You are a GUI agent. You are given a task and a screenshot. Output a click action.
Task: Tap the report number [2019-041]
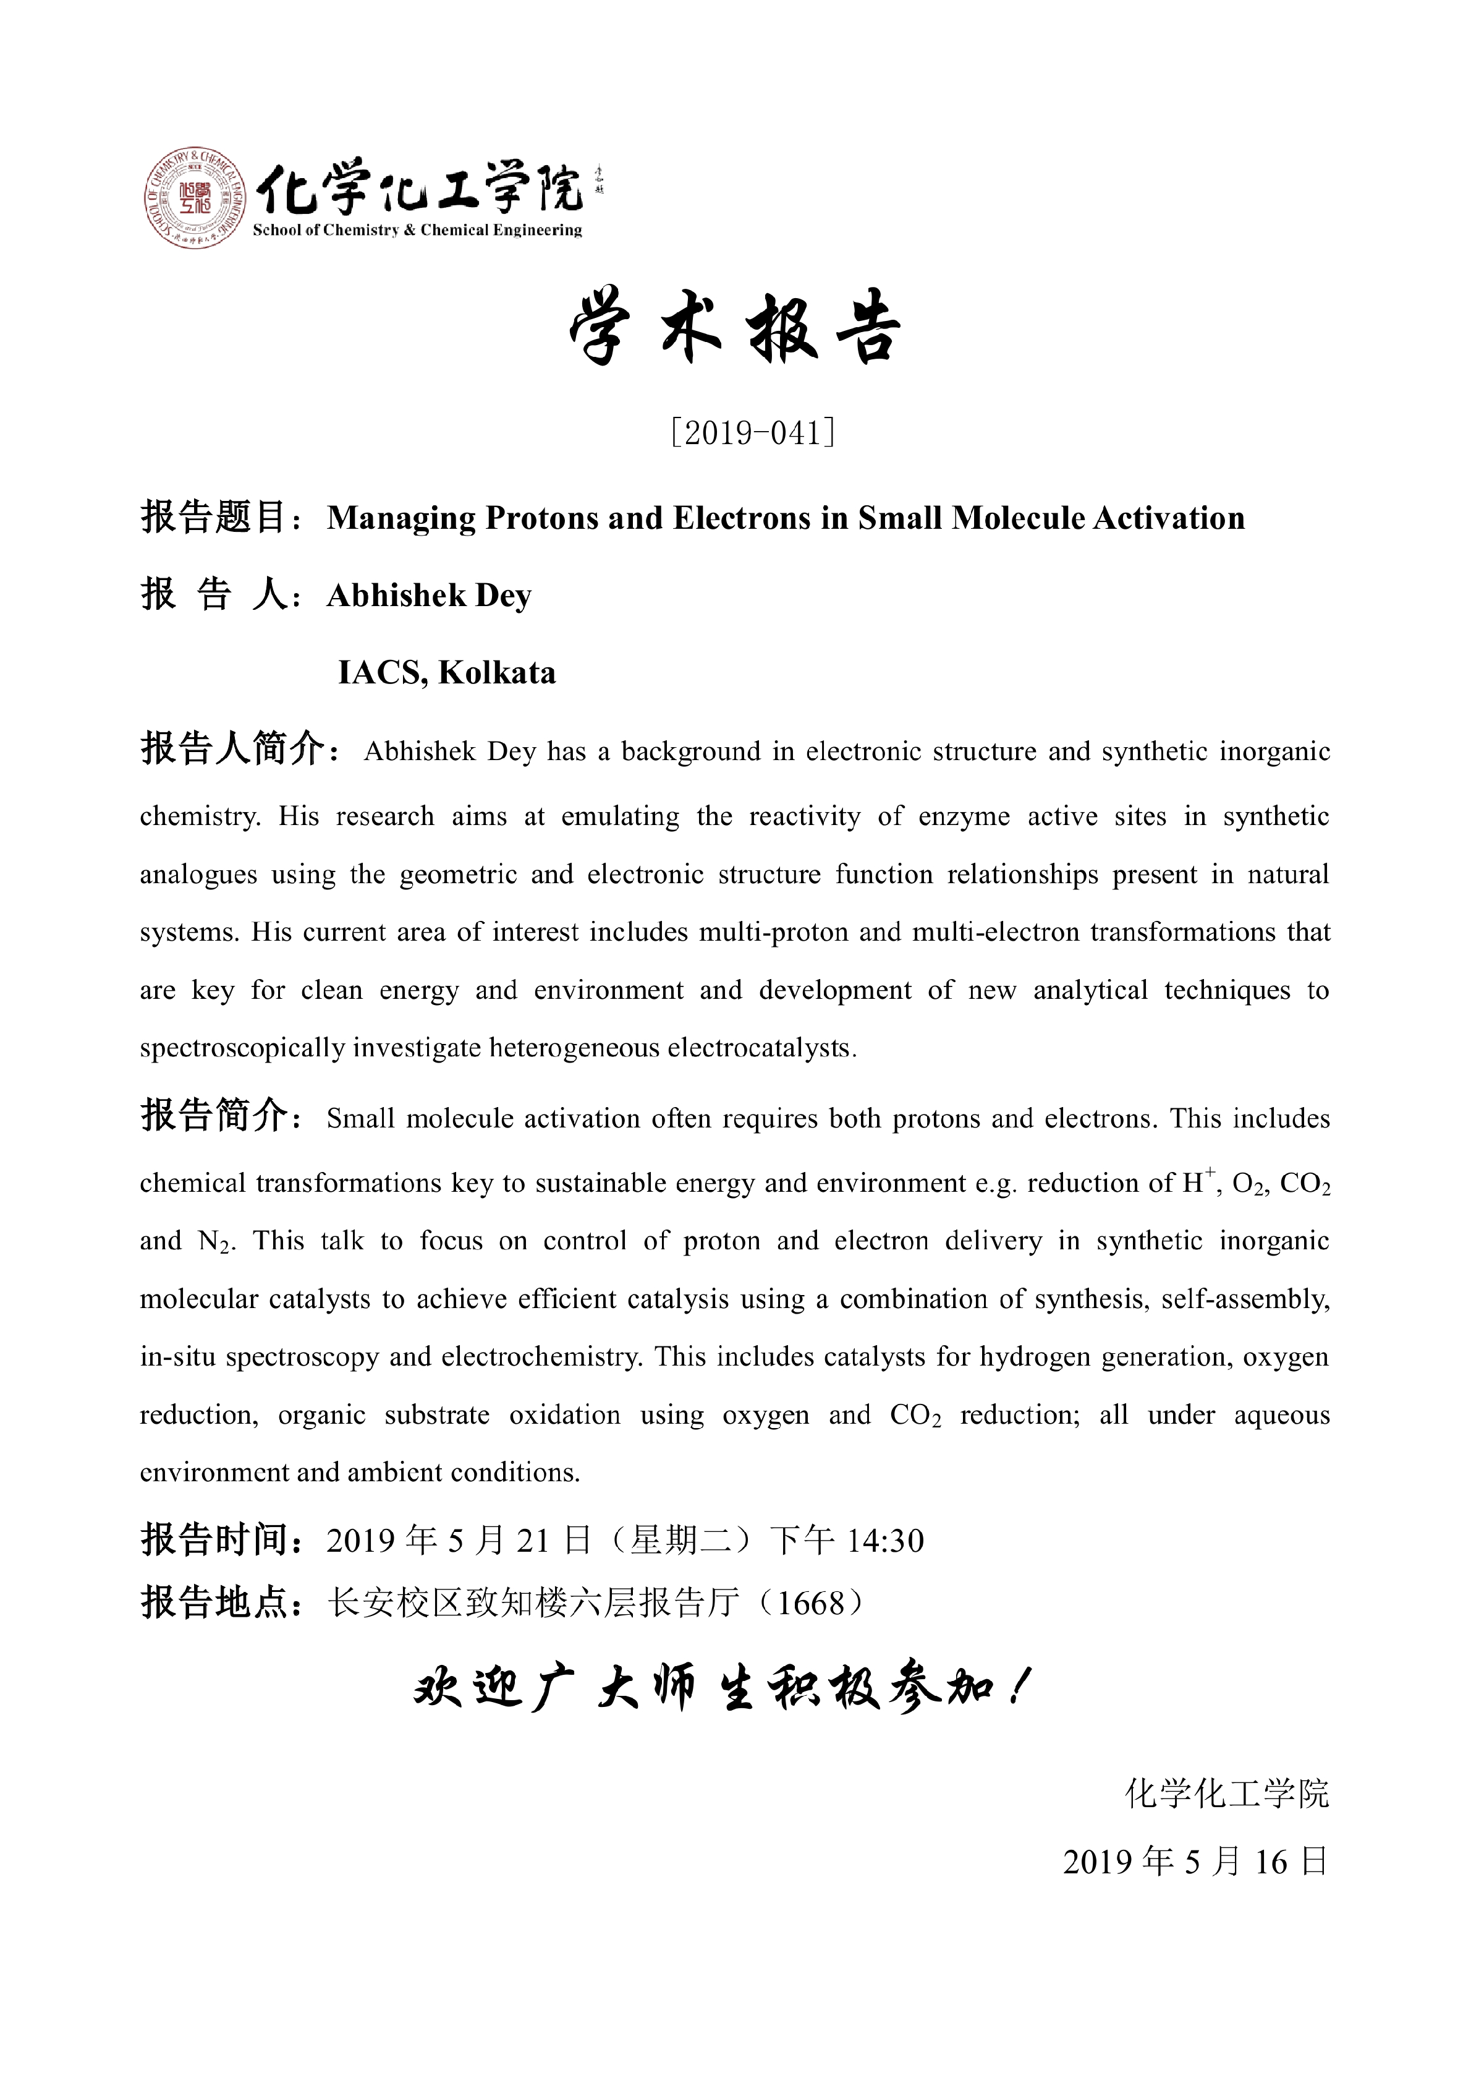tap(752, 433)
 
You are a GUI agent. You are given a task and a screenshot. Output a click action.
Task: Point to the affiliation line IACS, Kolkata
tap(446, 673)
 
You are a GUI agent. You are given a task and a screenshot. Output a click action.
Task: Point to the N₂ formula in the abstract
tap(216, 1241)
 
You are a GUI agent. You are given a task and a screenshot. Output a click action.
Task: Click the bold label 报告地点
tap(214, 1603)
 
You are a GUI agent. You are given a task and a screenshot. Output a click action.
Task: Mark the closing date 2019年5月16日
tap(1195, 1862)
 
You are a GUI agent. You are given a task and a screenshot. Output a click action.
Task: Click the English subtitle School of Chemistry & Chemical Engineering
tap(417, 231)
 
